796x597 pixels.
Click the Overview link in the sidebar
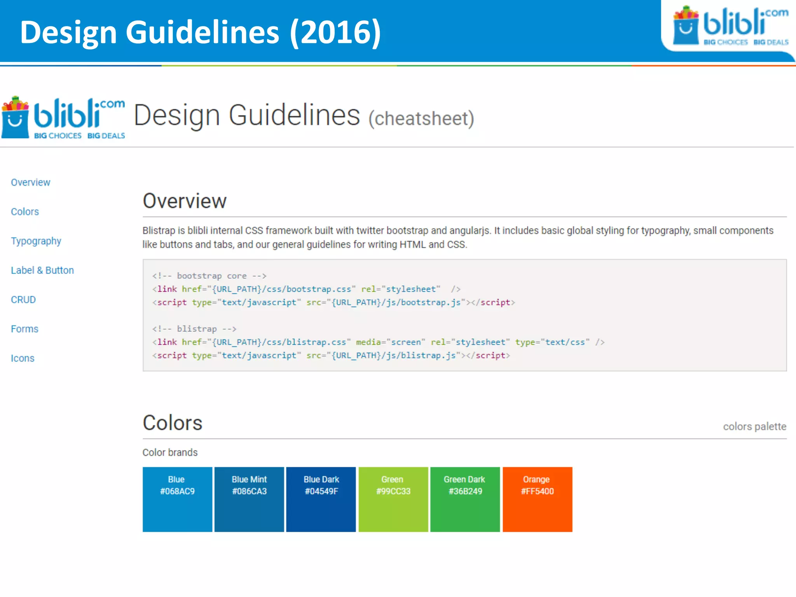coord(30,182)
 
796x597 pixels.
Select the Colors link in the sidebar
coord(25,212)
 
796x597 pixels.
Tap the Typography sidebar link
coord(36,241)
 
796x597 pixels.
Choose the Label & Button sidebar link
coord(42,271)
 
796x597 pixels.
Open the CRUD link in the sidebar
coord(23,300)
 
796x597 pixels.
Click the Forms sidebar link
coord(24,329)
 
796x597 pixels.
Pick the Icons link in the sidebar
coord(23,358)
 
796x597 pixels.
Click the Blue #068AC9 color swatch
coord(177,499)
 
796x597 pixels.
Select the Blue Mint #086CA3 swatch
coord(249,499)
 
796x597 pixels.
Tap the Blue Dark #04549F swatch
coord(321,499)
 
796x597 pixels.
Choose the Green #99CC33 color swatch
coord(393,499)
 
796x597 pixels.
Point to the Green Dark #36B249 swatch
coord(465,499)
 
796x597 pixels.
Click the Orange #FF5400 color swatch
coord(537,499)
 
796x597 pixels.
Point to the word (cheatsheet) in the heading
coord(421,119)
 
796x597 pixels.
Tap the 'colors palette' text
coord(754,427)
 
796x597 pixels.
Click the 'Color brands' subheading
coord(170,452)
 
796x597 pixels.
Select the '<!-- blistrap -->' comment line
coord(194,329)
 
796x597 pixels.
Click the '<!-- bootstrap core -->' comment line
coord(209,276)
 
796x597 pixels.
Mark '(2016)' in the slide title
coord(335,33)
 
